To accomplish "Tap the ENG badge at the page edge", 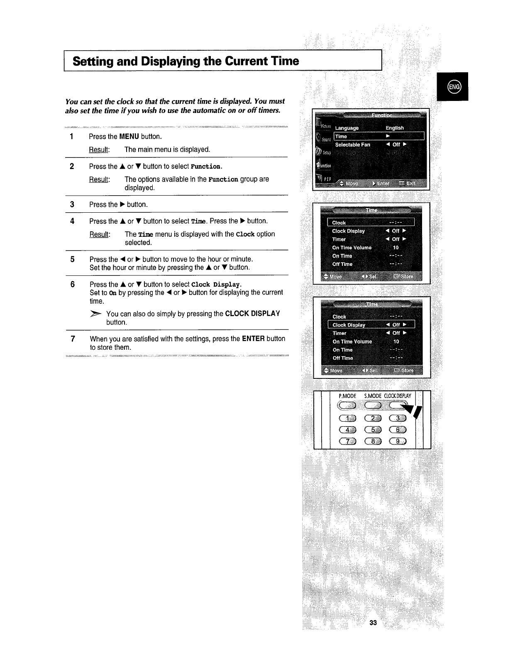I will click(452, 86).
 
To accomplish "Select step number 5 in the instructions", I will click(72, 259).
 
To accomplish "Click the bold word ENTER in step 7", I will click(253, 339).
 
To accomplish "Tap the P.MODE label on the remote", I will click(348, 396).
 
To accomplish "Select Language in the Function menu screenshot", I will click(347, 128).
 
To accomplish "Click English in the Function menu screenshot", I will click(394, 128).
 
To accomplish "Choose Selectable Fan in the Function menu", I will click(352, 145).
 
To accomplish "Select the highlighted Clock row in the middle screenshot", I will click(371, 223).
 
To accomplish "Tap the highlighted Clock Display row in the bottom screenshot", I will click(371, 325).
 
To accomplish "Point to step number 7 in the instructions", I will click(72, 339).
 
